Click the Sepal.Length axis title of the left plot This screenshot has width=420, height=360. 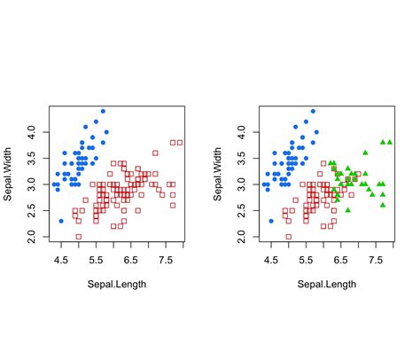click(x=117, y=285)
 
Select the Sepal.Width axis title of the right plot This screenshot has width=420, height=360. click(x=218, y=174)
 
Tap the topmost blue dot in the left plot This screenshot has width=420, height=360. click(x=103, y=112)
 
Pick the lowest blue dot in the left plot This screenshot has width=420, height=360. click(x=61, y=221)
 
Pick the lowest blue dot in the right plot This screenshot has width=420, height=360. click(x=271, y=221)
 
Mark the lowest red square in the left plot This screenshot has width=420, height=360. click(x=78, y=237)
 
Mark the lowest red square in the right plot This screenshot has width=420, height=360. click(x=288, y=237)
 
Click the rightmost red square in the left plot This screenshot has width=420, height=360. click(x=180, y=142)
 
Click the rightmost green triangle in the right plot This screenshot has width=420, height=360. click(x=390, y=142)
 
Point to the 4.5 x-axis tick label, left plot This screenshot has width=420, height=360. click(x=61, y=262)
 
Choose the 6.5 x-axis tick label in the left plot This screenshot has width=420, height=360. click(x=130, y=262)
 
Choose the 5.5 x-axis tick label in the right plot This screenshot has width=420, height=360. click(x=306, y=262)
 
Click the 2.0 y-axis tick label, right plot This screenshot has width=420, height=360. click(x=241, y=237)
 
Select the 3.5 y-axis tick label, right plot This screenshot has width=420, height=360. click(x=241, y=158)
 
